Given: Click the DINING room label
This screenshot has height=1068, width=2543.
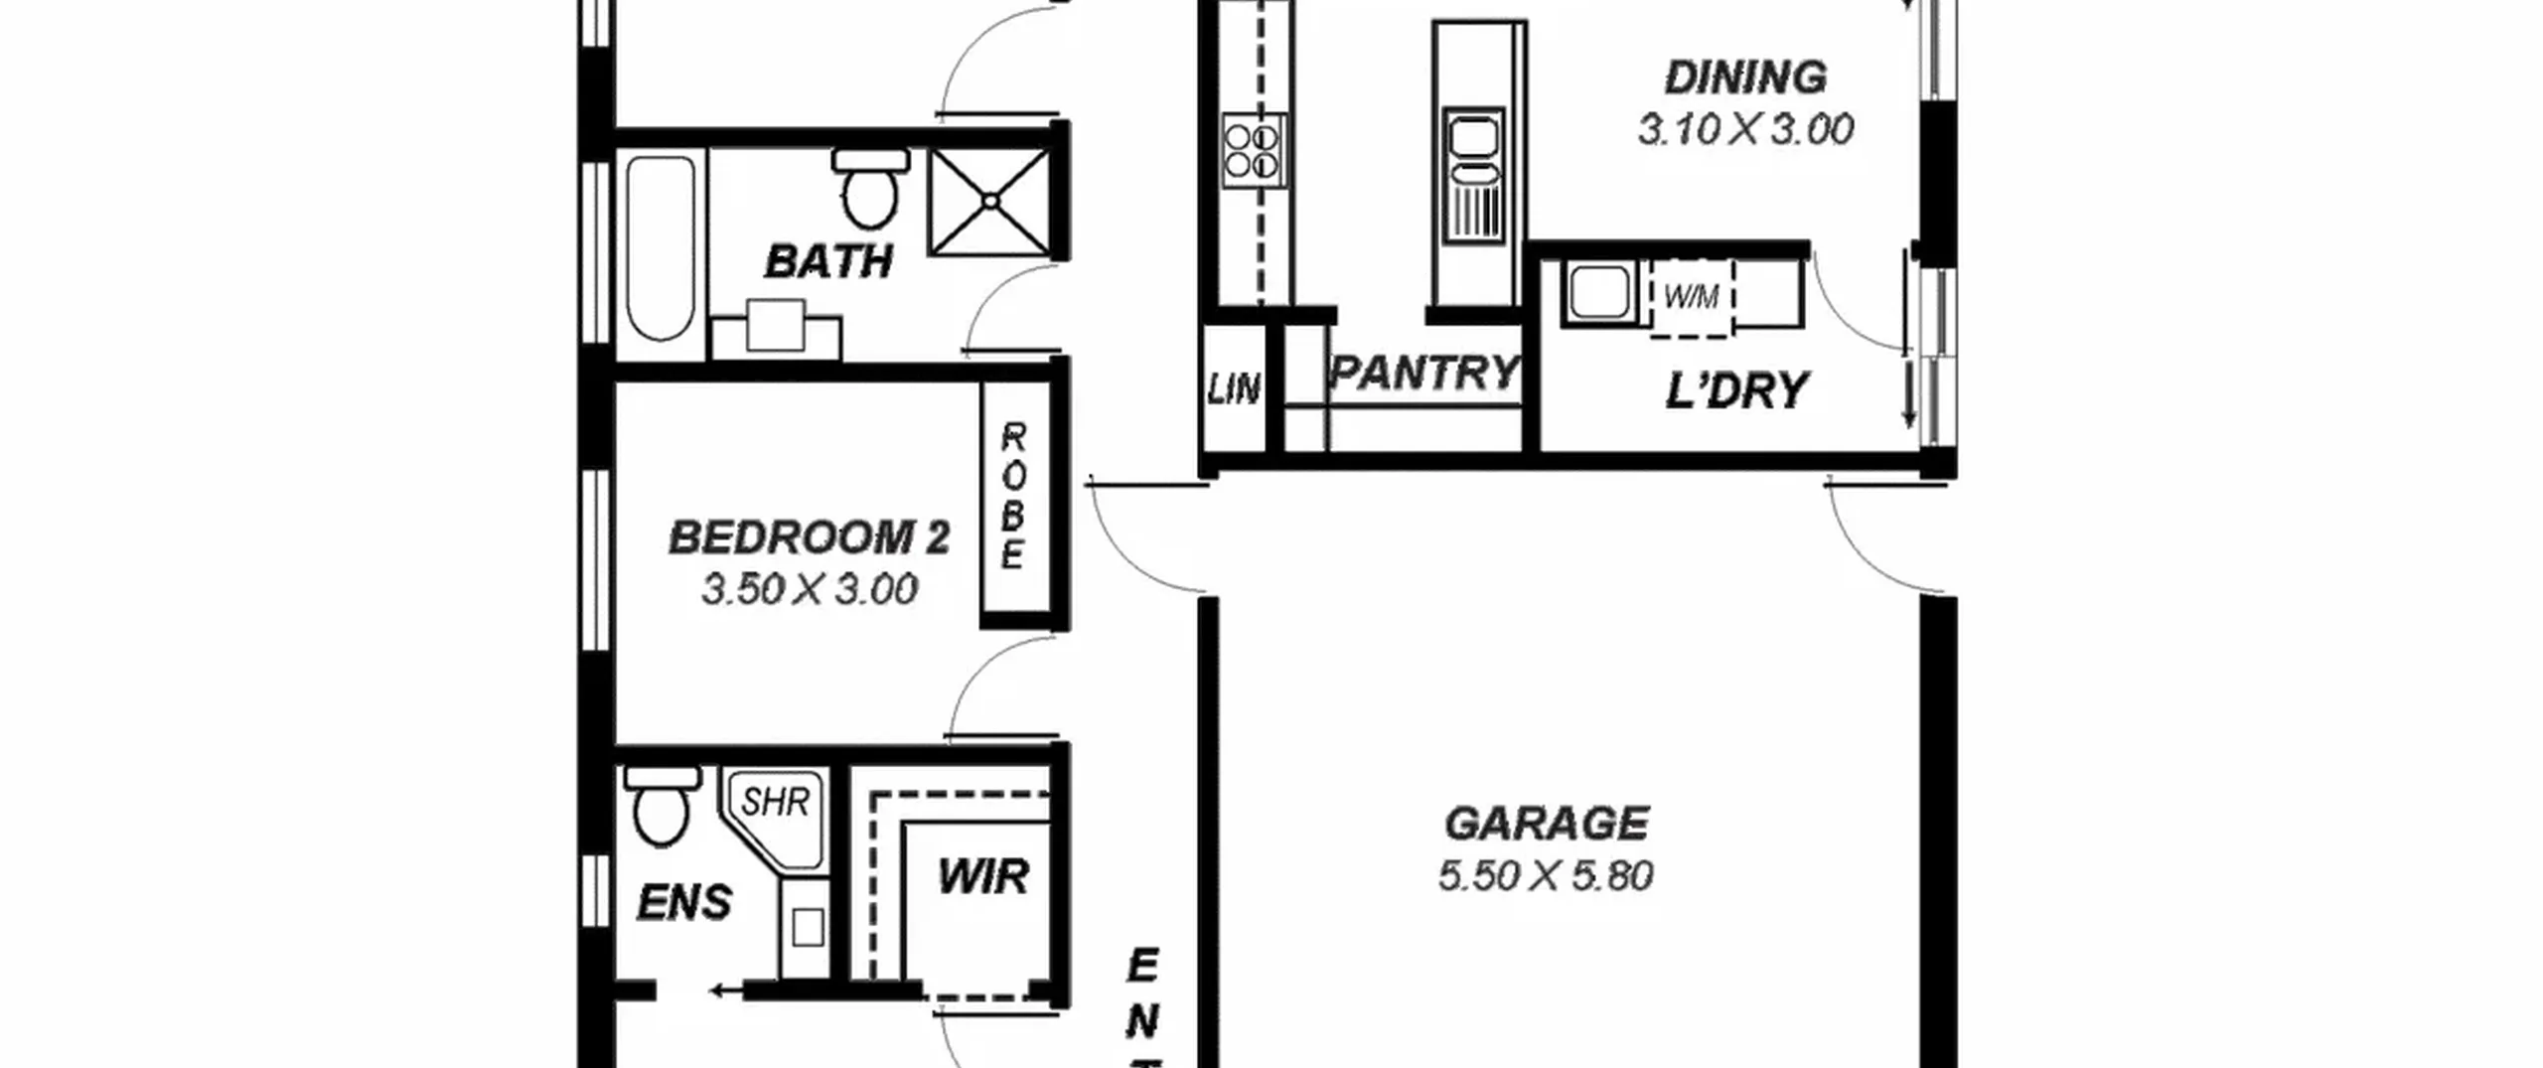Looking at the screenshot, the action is point(1745,77).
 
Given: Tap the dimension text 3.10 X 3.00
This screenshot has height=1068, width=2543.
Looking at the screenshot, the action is point(1745,130).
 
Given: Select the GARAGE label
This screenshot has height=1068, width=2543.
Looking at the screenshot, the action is point(1547,824).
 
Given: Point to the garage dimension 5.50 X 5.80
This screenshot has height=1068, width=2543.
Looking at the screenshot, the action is point(1546,876).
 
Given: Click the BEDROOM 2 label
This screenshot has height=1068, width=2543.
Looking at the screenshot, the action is point(810,537).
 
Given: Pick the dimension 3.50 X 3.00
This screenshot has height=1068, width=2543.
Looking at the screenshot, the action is point(810,590).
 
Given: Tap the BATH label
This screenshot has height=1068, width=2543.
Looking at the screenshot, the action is point(828,262).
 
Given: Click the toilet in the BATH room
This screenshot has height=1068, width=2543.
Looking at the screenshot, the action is point(870,188).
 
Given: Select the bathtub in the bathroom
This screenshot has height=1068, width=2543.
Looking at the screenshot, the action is point(661,249).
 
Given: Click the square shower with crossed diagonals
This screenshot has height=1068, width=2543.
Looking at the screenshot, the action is point(990,202).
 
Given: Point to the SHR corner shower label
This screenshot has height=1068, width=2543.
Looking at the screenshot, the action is point(776,801).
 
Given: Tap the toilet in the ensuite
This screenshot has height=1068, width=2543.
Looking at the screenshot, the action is point(662,806).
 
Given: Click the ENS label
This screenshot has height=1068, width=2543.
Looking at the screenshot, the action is point(684,903).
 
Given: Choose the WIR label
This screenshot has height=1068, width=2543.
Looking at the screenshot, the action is point(983,877).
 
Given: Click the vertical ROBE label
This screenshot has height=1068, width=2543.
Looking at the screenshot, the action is point(1013,497).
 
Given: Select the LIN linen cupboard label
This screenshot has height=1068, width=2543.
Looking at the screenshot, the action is point(1235,389).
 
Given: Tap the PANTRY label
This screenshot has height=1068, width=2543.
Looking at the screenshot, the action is point(1425,374).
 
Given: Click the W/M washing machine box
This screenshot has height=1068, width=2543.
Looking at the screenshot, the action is point(1692,296).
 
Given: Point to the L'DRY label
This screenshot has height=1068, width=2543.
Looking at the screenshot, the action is point(1736,391).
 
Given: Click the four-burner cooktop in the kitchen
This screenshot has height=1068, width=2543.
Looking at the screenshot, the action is point(1253,150).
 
